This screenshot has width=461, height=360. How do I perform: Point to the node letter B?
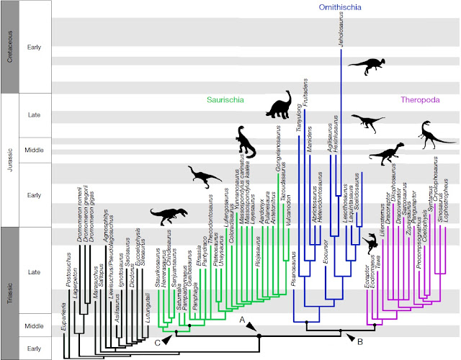[x=361, y=338]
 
